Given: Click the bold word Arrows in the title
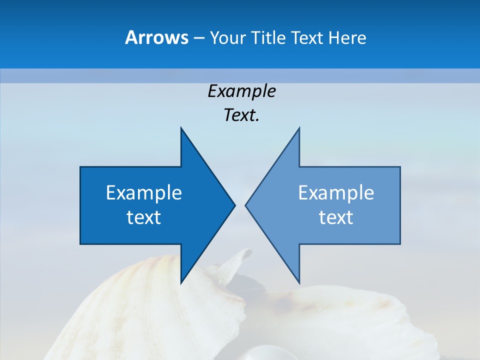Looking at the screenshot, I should point(156,37).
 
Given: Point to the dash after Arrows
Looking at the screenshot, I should point(198,38).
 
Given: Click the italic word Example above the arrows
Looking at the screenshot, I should point(241,91).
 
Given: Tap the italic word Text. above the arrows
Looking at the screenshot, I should point(241,115).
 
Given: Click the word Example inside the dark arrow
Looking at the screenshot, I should point(144,193).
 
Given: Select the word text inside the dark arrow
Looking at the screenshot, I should point(144,217).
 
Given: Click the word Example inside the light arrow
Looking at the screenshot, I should point(336,193).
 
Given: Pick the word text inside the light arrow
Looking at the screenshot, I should point(336,217).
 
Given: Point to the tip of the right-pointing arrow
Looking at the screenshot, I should point(235,205).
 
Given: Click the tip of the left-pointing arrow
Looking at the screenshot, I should point(245,205).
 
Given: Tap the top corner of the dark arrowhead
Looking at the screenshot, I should point(181,127).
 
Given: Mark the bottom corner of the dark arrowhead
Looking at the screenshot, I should point(181,283).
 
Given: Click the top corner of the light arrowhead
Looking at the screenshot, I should point(299,127).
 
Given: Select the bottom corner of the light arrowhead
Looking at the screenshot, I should point(299,283).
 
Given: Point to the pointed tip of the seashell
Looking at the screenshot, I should point(249,250).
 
